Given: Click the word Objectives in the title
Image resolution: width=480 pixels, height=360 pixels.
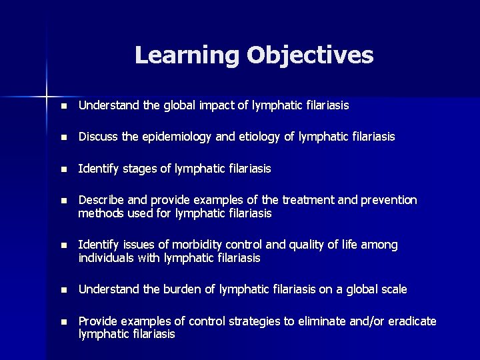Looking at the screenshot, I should [x=310, y=55].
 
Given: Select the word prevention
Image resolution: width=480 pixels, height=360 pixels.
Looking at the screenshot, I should [x=389, y=200].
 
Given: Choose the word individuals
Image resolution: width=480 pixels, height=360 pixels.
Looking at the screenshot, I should [x=105, y=258].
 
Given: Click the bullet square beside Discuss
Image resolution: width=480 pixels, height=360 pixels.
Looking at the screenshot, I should [x=63, y=137].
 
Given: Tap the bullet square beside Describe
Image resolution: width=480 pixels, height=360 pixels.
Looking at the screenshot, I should [x=63, y=201].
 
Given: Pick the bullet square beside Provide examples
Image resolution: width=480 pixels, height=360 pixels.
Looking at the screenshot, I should [x=63, y=322].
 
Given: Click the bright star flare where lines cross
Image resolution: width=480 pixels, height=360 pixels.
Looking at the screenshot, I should [x=47, y=91].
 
